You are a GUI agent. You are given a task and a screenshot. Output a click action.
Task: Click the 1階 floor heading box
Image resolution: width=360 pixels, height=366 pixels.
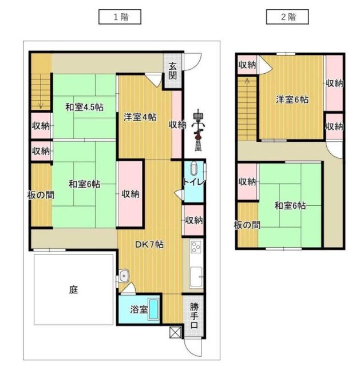coord(120,17)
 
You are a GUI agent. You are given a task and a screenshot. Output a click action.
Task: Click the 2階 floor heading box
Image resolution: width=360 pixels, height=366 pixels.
coord(287,17)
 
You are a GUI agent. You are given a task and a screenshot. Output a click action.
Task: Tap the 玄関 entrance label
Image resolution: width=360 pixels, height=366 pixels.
coord(173,71)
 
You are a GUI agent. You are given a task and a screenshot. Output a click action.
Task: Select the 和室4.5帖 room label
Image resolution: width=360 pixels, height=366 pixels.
coord(84,108)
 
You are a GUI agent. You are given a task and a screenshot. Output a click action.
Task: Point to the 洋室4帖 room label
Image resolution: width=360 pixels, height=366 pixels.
coord(140,118)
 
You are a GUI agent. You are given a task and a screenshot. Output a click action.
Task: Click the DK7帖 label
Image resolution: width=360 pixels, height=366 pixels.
coord(150,244)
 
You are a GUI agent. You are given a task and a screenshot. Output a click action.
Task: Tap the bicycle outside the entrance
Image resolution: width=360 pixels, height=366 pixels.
coord(198,130)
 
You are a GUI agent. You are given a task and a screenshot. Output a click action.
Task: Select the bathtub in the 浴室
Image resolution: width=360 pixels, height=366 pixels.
coord(154,309)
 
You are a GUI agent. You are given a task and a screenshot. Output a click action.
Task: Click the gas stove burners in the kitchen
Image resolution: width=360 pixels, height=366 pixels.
coord(195,248)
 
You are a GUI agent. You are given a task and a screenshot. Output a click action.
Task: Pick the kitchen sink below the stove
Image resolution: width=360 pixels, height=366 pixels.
coord(196,277)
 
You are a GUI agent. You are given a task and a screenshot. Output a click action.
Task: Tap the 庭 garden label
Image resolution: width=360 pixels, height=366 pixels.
coord(73,289)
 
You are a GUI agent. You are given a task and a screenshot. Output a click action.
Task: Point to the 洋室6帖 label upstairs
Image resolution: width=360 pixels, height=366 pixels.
coord(292,100)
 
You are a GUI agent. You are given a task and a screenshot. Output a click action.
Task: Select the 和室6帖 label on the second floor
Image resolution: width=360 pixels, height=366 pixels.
coord(289,205)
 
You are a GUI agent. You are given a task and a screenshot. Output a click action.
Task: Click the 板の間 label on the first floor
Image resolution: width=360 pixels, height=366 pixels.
coord(41,194)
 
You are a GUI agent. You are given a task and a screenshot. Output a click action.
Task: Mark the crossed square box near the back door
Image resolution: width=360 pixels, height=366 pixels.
coord(175,332)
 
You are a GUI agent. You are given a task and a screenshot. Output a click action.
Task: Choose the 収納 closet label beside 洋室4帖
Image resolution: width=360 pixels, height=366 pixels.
coord(177,124)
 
